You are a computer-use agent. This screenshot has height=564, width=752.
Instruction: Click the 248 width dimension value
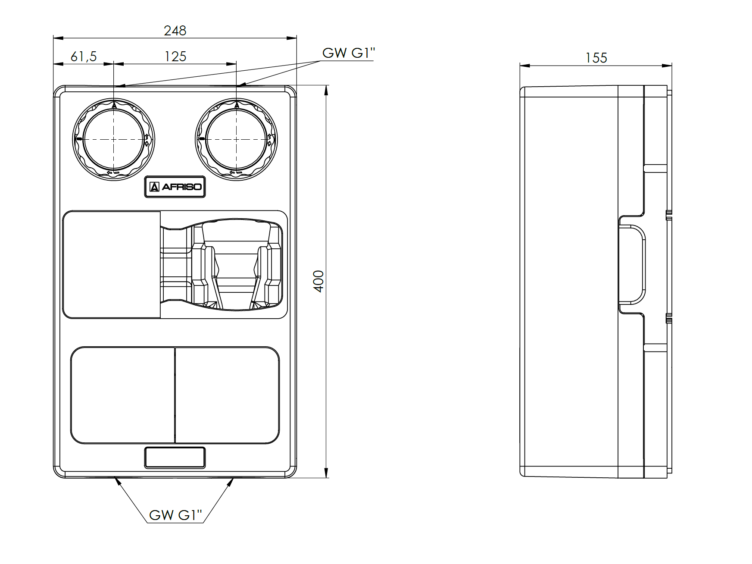175,31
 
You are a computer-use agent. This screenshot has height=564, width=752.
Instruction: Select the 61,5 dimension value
84,56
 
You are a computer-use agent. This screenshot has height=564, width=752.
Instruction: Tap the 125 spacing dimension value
175,56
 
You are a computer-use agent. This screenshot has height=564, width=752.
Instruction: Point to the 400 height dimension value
318,281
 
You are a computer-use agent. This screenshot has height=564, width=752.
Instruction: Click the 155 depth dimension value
596,58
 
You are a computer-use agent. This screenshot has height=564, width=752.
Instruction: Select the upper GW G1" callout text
349,53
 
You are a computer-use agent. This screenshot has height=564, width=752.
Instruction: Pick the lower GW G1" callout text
175,515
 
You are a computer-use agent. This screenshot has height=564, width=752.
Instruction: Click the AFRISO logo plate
175,187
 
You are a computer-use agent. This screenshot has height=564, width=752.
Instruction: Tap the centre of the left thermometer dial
113,139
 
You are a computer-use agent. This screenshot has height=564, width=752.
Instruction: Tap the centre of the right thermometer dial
236,139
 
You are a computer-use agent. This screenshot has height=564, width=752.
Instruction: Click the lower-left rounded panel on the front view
122,395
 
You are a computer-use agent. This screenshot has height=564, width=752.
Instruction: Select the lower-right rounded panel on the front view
227,395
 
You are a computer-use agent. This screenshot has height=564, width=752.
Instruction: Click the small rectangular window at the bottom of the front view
175,457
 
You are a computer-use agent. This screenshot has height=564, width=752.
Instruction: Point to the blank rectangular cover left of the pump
112,265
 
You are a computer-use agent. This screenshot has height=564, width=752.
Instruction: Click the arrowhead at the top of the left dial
114,104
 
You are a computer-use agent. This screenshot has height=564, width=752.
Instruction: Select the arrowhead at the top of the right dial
236,104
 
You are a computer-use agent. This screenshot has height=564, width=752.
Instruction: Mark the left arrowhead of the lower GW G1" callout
117,481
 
